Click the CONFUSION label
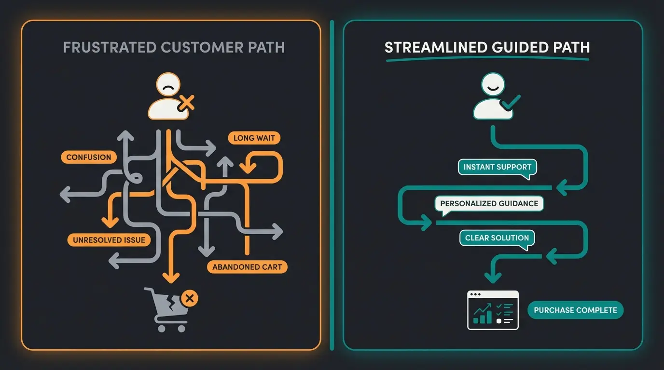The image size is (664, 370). click(x=89, y=157)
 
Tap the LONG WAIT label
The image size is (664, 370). click(x=254, y=138)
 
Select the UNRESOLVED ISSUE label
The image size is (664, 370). click(x=109, y=240)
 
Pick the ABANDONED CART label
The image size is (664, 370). click(x=247, y=267)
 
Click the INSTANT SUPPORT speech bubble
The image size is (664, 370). click(x=497, y=167)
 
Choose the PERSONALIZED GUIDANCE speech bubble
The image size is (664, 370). click(x=489, y=203)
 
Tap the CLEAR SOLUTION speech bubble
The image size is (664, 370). click(x=497, y=238)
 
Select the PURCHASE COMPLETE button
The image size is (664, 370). click(x=575, y=310)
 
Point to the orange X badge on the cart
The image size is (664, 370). click(x=189, y=299)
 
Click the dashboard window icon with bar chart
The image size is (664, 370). click(x=493, y=310)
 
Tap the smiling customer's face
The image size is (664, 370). click(x=493, y=87)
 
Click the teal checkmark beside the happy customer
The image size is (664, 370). click(x=511, y=102)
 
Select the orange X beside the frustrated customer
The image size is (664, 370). click(x=186, y=102)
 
